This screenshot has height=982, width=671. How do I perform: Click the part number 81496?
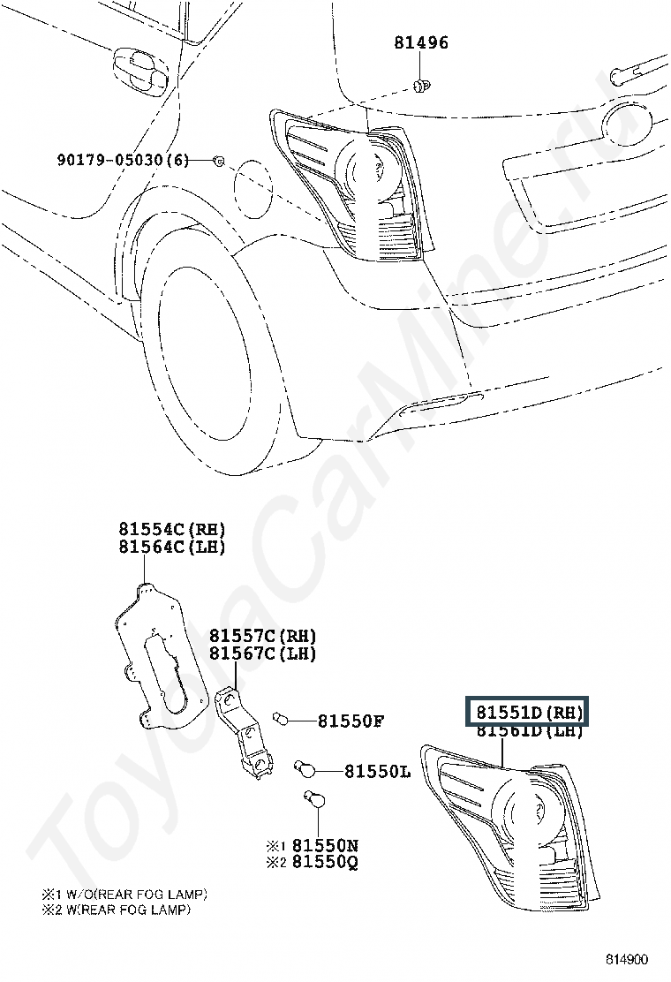tap(421, 42)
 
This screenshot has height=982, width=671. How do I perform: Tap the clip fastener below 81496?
tap(421, 86)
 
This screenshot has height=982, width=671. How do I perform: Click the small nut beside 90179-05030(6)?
tap(218, 160)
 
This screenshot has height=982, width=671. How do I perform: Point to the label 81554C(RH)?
tap(172, 529)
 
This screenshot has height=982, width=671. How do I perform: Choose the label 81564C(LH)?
tap(172, 547)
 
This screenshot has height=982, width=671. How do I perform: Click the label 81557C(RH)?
tap(262, 636)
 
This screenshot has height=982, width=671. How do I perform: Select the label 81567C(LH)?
tap(262, 653)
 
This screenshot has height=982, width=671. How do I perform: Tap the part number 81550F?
tap(351, 721)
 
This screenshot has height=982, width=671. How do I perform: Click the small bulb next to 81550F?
tap(283, 718)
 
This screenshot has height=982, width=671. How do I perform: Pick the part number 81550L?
tap(377, 772)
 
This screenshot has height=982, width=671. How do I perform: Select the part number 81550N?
tap(325, 845)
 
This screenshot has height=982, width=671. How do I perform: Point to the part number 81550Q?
tap(325, 862)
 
